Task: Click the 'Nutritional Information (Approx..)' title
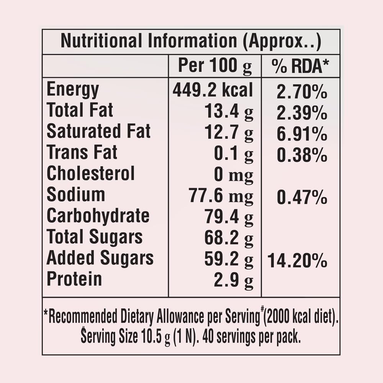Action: tap(191, 41)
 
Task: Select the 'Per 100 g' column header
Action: tap(215, 66)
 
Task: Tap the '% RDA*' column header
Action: tap(300, 66)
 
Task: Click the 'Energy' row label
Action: tap(73, 90)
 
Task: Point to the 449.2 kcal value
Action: tap(213, 90)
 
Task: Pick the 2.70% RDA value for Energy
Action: tap(302, 92)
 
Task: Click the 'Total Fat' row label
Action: tap(80, 111)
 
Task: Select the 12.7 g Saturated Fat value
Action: tap(229, 132)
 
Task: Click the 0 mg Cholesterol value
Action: tap(233, 175)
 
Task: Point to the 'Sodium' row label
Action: tap(75, 195)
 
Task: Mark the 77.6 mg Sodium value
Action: tap(221, 196)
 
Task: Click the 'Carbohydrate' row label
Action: tap(98, 216)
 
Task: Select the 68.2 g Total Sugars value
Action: tap(229, 238)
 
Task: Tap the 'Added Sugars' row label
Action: tap(100, 258)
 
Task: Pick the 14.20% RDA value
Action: tap(297, 262)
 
